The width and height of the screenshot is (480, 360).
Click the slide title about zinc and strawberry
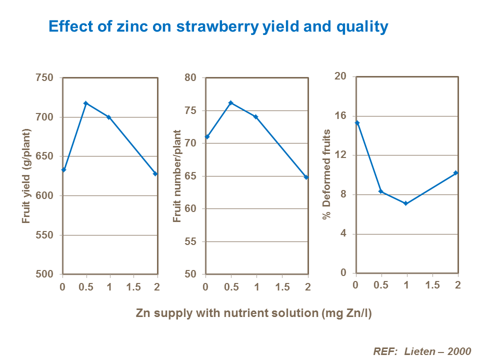218,26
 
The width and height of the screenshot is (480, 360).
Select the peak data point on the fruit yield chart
86,103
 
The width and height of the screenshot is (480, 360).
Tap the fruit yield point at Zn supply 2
155,173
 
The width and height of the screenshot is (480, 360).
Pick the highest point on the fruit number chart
230,103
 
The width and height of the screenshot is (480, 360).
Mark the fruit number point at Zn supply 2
306,177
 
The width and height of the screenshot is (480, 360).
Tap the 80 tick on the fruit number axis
191,78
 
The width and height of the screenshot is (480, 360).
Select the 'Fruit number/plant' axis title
177,176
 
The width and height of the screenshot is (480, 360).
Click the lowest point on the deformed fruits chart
405,203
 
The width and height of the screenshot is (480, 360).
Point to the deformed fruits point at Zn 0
357,122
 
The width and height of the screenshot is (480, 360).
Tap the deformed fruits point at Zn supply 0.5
381,191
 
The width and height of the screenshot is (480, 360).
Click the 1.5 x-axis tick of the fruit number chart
282,287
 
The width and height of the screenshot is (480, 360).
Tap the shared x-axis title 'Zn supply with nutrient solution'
254,313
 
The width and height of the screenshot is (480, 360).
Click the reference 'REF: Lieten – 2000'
422,351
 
